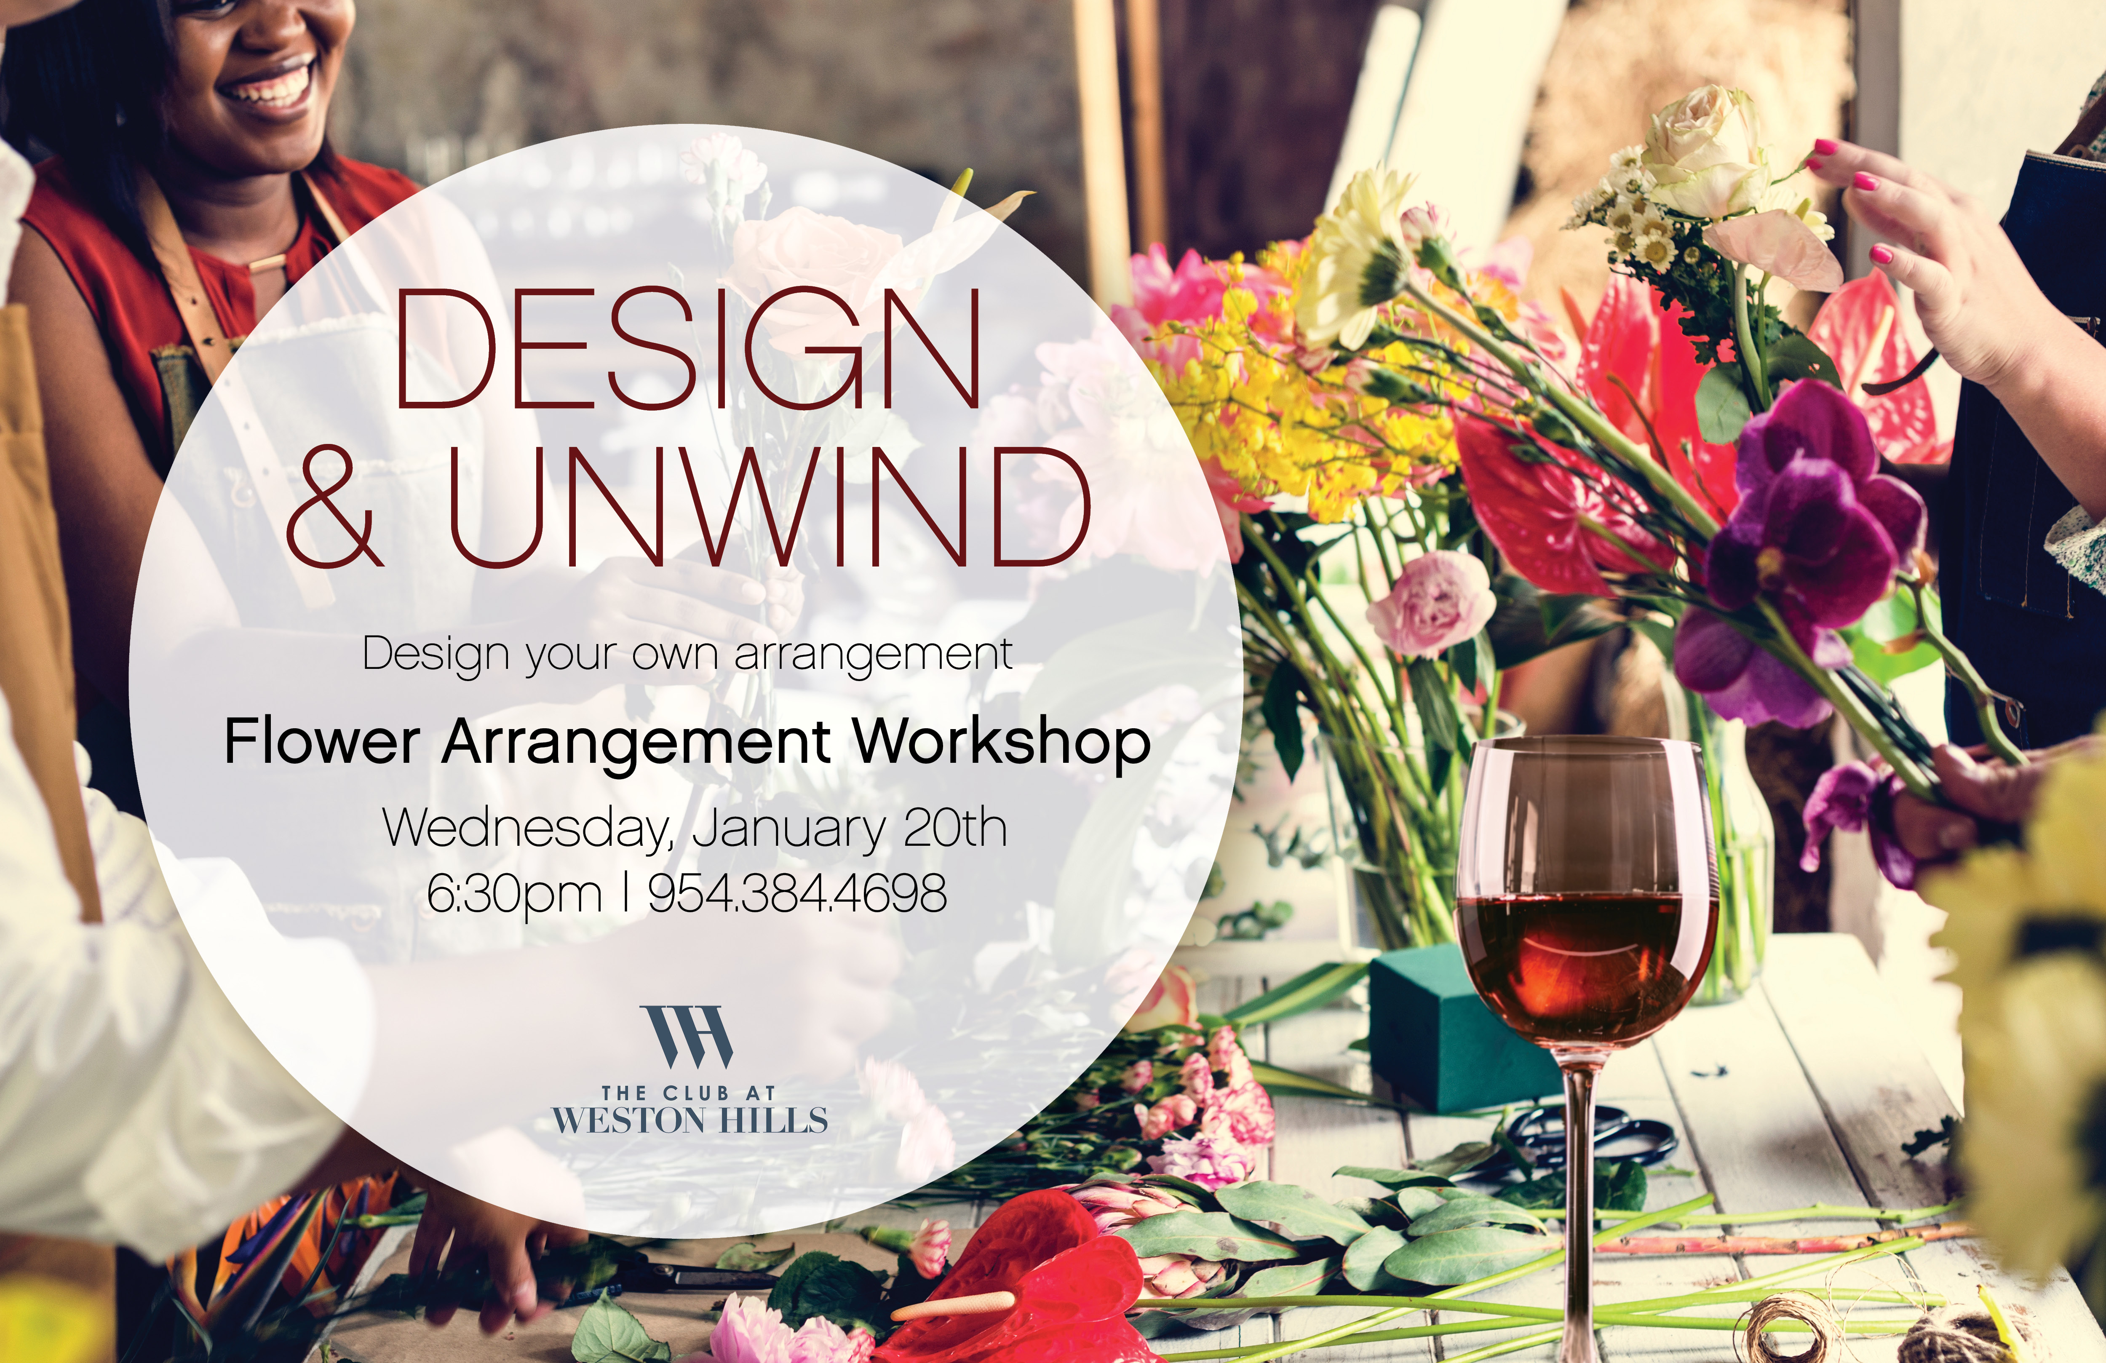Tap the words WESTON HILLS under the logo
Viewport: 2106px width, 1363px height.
coord(690,1120)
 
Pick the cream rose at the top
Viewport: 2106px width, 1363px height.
coord(1703,150)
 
